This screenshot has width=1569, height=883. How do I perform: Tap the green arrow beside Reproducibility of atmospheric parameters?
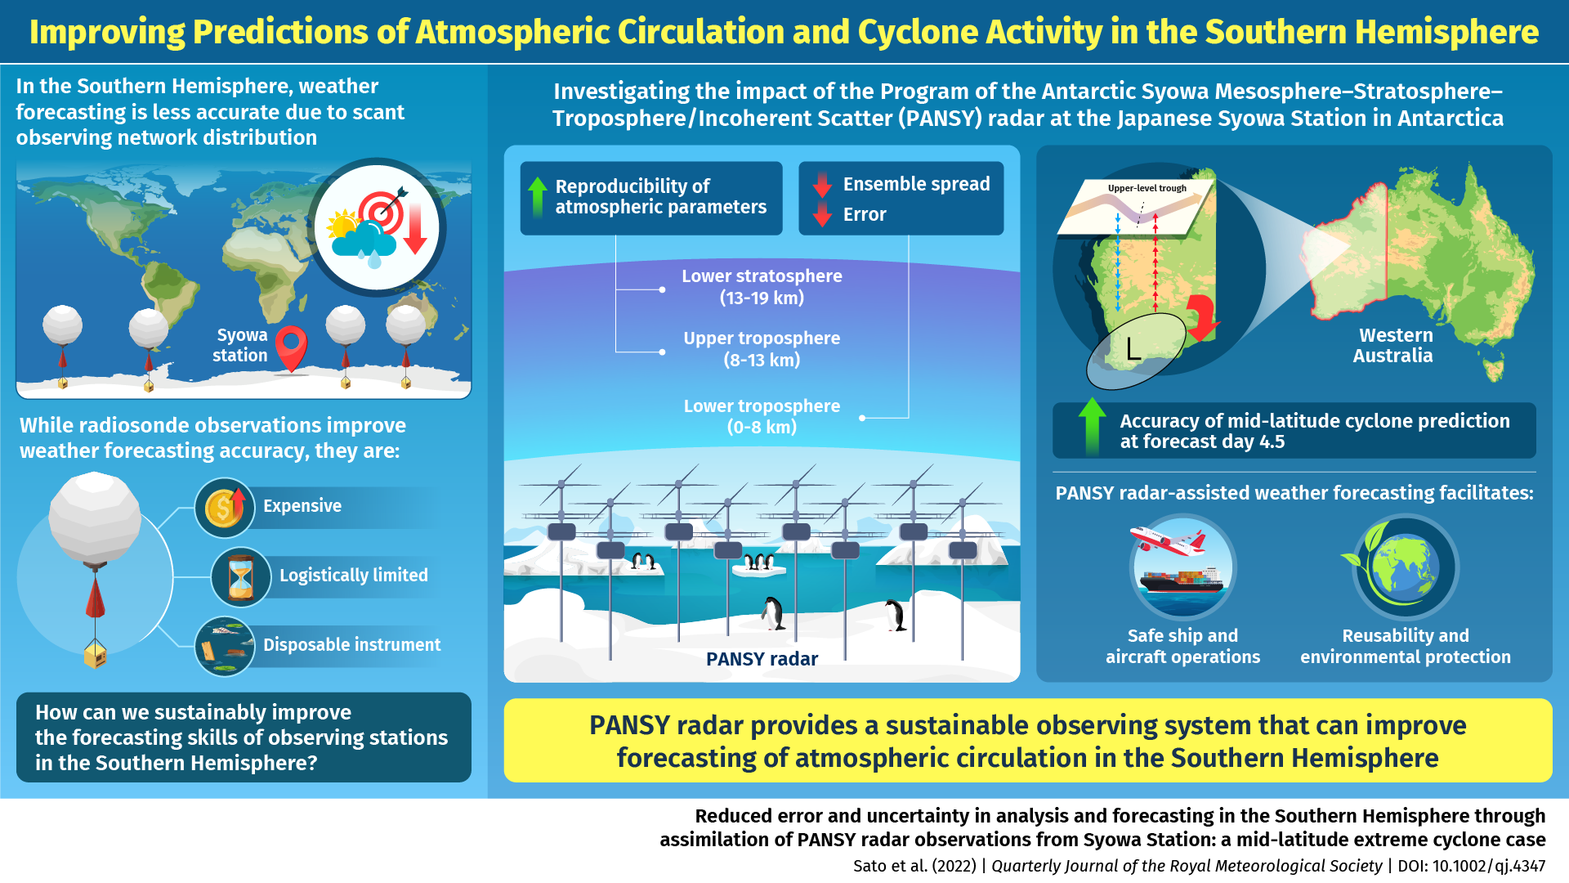[537, 197]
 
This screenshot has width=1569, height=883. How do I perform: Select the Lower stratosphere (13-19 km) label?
[762, 287]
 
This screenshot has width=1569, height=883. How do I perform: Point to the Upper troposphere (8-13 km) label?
[762, 349]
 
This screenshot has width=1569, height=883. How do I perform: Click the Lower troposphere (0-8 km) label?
[762, 416]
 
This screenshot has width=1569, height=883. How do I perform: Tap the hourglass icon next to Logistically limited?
[240, 577]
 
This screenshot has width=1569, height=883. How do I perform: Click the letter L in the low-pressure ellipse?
[1133, 349]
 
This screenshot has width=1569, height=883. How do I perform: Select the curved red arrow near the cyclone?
[1201, 317]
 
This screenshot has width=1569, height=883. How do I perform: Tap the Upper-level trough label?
[1147, 188]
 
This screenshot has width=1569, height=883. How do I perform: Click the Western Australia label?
[1393, 345]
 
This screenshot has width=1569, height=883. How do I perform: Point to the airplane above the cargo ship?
[1169, 540]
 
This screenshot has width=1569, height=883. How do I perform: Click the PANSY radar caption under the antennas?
[762, 659]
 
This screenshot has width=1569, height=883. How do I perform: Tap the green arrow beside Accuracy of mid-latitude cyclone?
[1092, 426]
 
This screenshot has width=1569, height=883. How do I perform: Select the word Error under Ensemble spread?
[865, 214]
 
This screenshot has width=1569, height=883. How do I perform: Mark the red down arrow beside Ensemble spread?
[822, 185]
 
